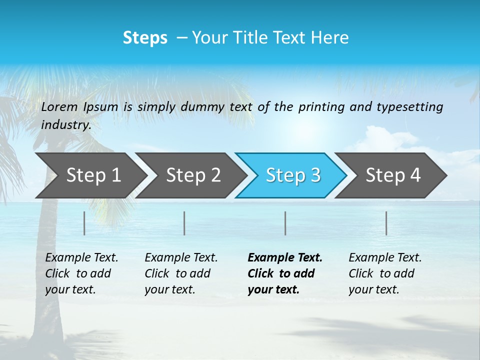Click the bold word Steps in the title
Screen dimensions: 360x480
click(145, 38)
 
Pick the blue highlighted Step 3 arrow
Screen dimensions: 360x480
click(293, 175)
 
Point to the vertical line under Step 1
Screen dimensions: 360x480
click(84, 223)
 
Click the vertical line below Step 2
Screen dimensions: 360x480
click(184, 223)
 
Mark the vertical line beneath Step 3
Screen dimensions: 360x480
click(285, 223)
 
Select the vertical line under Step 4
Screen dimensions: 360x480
click(386, 223)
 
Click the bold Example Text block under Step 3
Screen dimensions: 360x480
click(285, 273)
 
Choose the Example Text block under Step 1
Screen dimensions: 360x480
click(81, 273)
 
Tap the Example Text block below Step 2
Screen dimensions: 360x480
click(181, 273)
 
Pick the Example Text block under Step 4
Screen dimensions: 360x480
click(385, 273)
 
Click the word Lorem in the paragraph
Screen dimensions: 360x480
click(59, 106)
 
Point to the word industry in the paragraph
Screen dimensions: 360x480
click(66, 124)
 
